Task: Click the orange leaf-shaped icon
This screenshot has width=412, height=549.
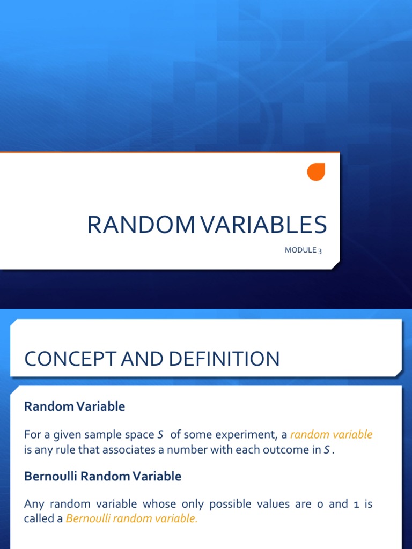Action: pyautogui.click(x=316, y=172)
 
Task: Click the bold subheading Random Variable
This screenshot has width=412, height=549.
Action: pyautogui.click(x=75, y=406)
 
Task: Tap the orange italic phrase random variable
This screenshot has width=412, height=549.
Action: pyautogui.click(x=331, y=435)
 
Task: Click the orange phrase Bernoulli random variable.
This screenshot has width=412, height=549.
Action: pyautogui.click(x=131, y=519)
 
